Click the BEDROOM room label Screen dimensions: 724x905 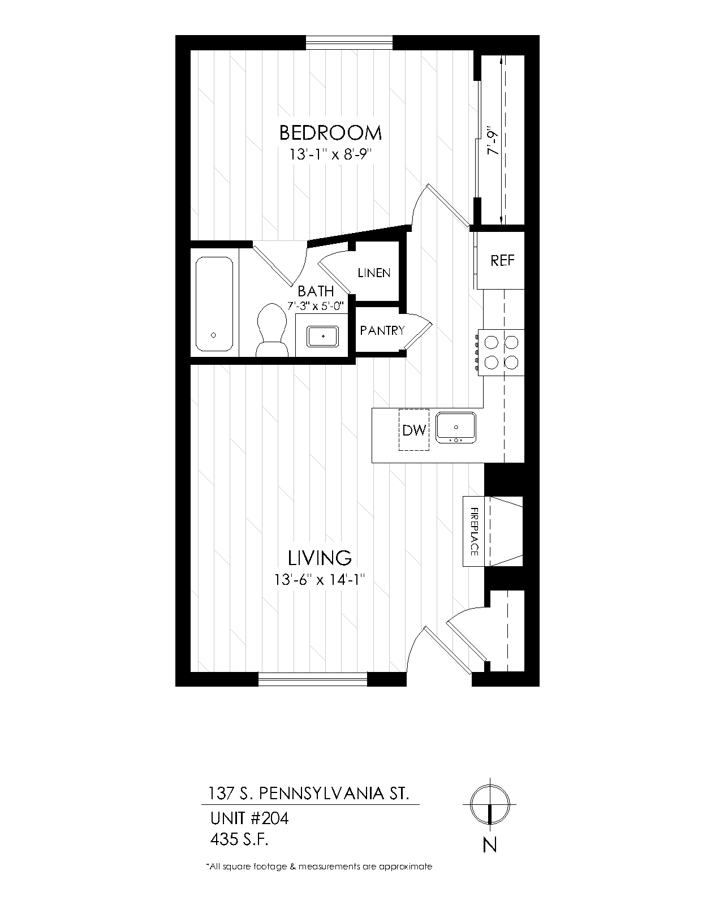[x=330, y=133]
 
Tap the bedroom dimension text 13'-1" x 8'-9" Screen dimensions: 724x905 [x=331, y=155]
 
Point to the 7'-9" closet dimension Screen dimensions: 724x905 [x=493, y=140]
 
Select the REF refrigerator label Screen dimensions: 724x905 [x=502, y=261]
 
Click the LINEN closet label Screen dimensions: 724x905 [x=374, y=273]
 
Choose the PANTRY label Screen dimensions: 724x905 [x=382, y=330]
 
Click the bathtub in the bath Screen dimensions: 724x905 [x=214, y=304]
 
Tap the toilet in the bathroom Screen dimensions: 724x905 [x=271, y=330]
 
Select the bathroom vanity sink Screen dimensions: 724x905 [x=322, y=337]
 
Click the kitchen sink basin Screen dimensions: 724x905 [x=455, y=427]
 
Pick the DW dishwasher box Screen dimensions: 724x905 [x=414, y=430]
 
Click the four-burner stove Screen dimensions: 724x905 [x=501, y=352]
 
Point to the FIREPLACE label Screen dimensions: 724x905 [x=474, y=532]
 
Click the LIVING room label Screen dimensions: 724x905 [x=320, y=558]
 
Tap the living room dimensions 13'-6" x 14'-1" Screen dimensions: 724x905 [x=320, y=580]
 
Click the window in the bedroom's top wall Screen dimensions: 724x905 [x=349, y=42]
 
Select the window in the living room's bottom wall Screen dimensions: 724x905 [x=313, y=679]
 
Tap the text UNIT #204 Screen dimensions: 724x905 [x=249, y=818]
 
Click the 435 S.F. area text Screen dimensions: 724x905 [x=239, y=839]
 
